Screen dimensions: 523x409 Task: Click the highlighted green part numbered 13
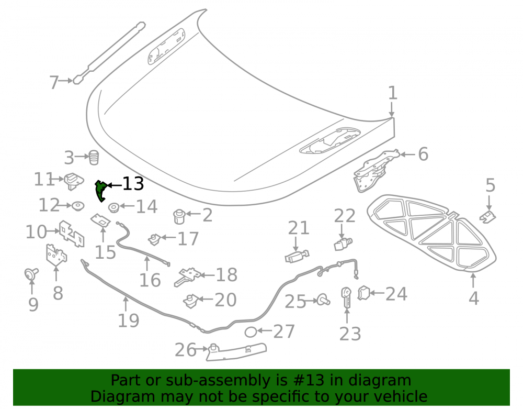click(x=100, y=190)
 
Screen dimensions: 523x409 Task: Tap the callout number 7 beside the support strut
click(x=54, y=82)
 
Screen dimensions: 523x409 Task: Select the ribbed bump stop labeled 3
click(x=94, y=157)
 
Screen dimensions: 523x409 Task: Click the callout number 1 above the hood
click(x=393, y=93)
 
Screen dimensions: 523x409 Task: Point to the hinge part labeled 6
click(x=376, y=171)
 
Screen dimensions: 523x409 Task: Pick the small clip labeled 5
click(x=488, y=217)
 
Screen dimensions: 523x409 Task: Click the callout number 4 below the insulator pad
click(x=474, y=298)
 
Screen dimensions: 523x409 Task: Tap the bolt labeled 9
click(x=31, y=274)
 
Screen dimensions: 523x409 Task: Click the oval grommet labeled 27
click(x=251, y=332)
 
